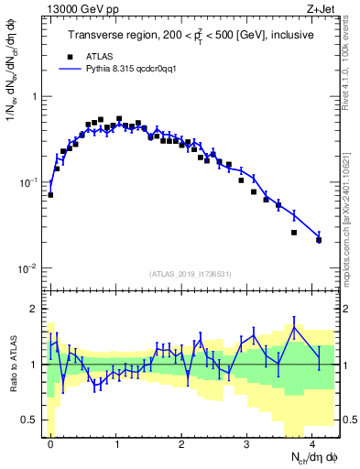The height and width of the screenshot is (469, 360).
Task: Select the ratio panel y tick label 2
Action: tap(37, 309)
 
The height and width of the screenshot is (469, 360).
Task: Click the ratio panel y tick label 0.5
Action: tap(33, 420)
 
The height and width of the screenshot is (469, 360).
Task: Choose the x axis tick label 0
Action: tap(50, 443)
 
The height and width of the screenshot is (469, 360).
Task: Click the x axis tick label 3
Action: tap(248, 443)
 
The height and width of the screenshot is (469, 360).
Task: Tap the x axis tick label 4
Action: tap(314, 443)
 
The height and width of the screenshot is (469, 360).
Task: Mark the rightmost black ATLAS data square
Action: tap(319, 240)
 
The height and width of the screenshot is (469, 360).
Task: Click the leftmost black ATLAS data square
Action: tap(50, 194)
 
